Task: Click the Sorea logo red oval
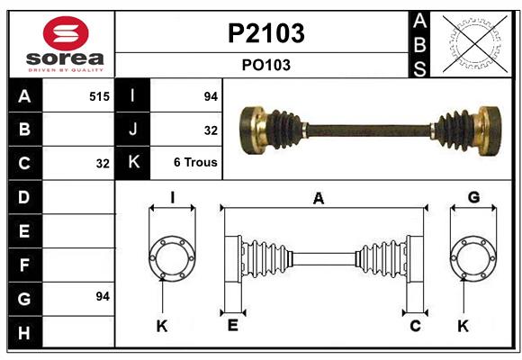60,34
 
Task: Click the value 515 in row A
99,95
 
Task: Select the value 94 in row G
102,296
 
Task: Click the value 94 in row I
211,95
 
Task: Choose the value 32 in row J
211,130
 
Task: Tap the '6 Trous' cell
195,163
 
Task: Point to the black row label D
24,195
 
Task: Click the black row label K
133,163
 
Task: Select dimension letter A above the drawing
318,199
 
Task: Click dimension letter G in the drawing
473,197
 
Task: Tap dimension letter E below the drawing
232,326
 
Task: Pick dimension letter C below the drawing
415,326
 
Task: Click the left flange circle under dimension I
171,258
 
